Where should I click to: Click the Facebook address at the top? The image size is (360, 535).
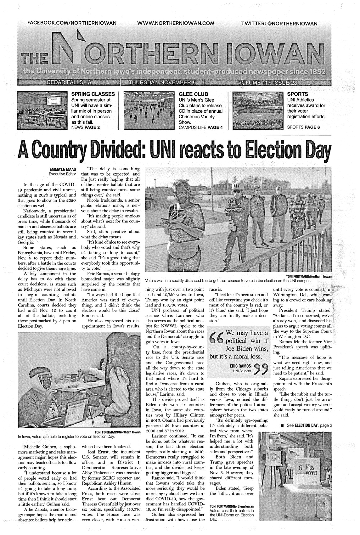coord(72,23)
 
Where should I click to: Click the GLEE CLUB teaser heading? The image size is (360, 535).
coord(193,94)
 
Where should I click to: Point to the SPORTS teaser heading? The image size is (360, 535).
coord(297,94)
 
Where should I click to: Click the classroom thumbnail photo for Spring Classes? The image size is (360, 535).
coord(42,110)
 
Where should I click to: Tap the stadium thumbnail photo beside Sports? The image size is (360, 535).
coord(258,110)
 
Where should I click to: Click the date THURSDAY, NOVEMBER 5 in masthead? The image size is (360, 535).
coord(162,83)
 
